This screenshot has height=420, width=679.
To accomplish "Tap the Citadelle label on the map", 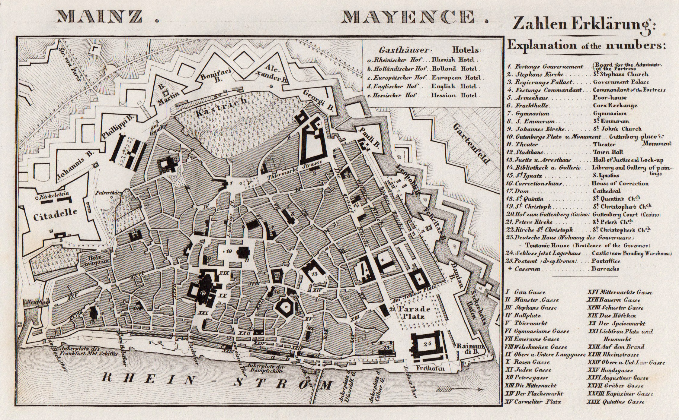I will coord(55,215).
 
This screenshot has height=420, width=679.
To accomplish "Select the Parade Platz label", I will coord(414,313).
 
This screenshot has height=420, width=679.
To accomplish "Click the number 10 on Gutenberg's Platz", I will coord(229,251).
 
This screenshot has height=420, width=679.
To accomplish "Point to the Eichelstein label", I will coord(53,194).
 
